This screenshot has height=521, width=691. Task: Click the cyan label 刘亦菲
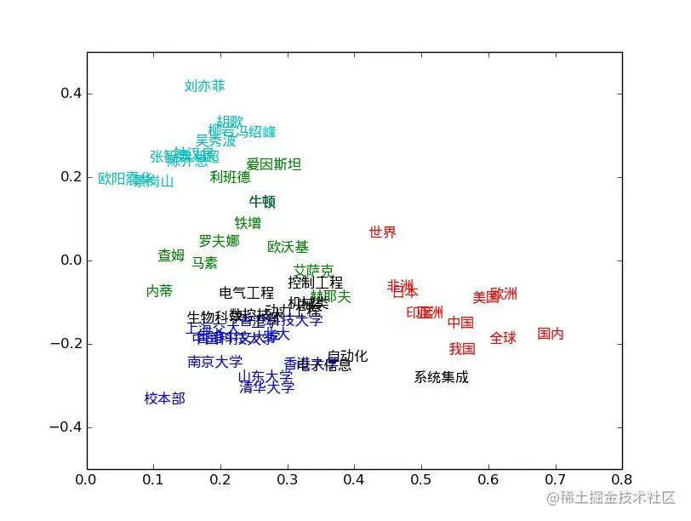pyautogui.click(x=205, y=86)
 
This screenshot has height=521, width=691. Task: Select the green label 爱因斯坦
pyautogui.click(x=274, y=164)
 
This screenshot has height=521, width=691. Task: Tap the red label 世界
pyautogui.click(x=383, y=232)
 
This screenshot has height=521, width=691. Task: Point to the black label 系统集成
pyautogui.click(x=441, y=377)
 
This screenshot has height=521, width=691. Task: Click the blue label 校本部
pyautogui.click(x=164, y=398)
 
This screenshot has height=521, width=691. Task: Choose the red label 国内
pyautogui.click(x=551, y=334)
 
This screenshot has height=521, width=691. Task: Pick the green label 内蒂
pyautogui.click(x=159, y=291)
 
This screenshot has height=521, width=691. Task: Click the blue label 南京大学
pyautogui.click(x=214, y=362)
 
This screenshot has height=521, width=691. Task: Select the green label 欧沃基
pyautogui.click(x=288, y=247)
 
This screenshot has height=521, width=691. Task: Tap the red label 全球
pyautogui.click(x=503, y=338)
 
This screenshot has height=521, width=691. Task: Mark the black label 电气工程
pyautogui.click(x=247, y=294)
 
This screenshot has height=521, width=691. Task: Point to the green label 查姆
pyautogui.click(x=171, y=255)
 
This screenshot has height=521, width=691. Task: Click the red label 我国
pyautogui.click(x=462, y=349)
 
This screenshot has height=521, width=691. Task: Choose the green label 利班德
pyautogui.click(x=231, y=177)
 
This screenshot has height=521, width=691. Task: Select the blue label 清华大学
pyautogui.click(x=267, y=387)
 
